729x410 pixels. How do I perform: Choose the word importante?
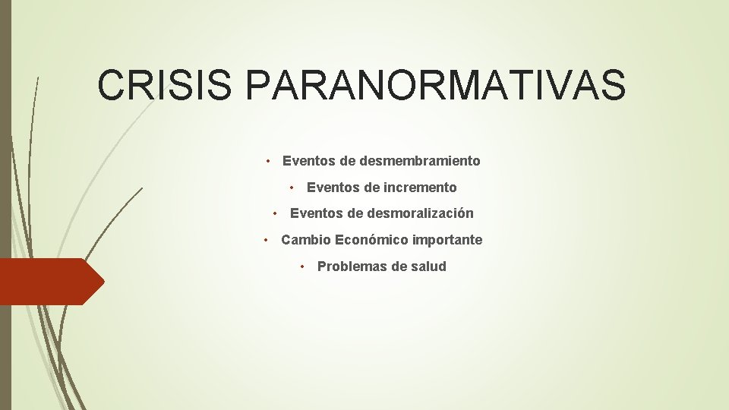(447, 241)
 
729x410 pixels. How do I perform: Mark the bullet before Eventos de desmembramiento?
(269, 161)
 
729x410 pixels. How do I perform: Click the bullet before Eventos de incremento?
(293, 188)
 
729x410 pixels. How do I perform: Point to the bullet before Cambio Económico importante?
(267, 240)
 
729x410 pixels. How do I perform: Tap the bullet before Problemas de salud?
(303, 266)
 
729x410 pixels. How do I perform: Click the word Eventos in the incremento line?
(332, 188)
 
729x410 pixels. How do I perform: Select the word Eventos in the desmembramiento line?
(308, 161)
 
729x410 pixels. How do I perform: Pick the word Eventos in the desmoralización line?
(315, 214)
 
